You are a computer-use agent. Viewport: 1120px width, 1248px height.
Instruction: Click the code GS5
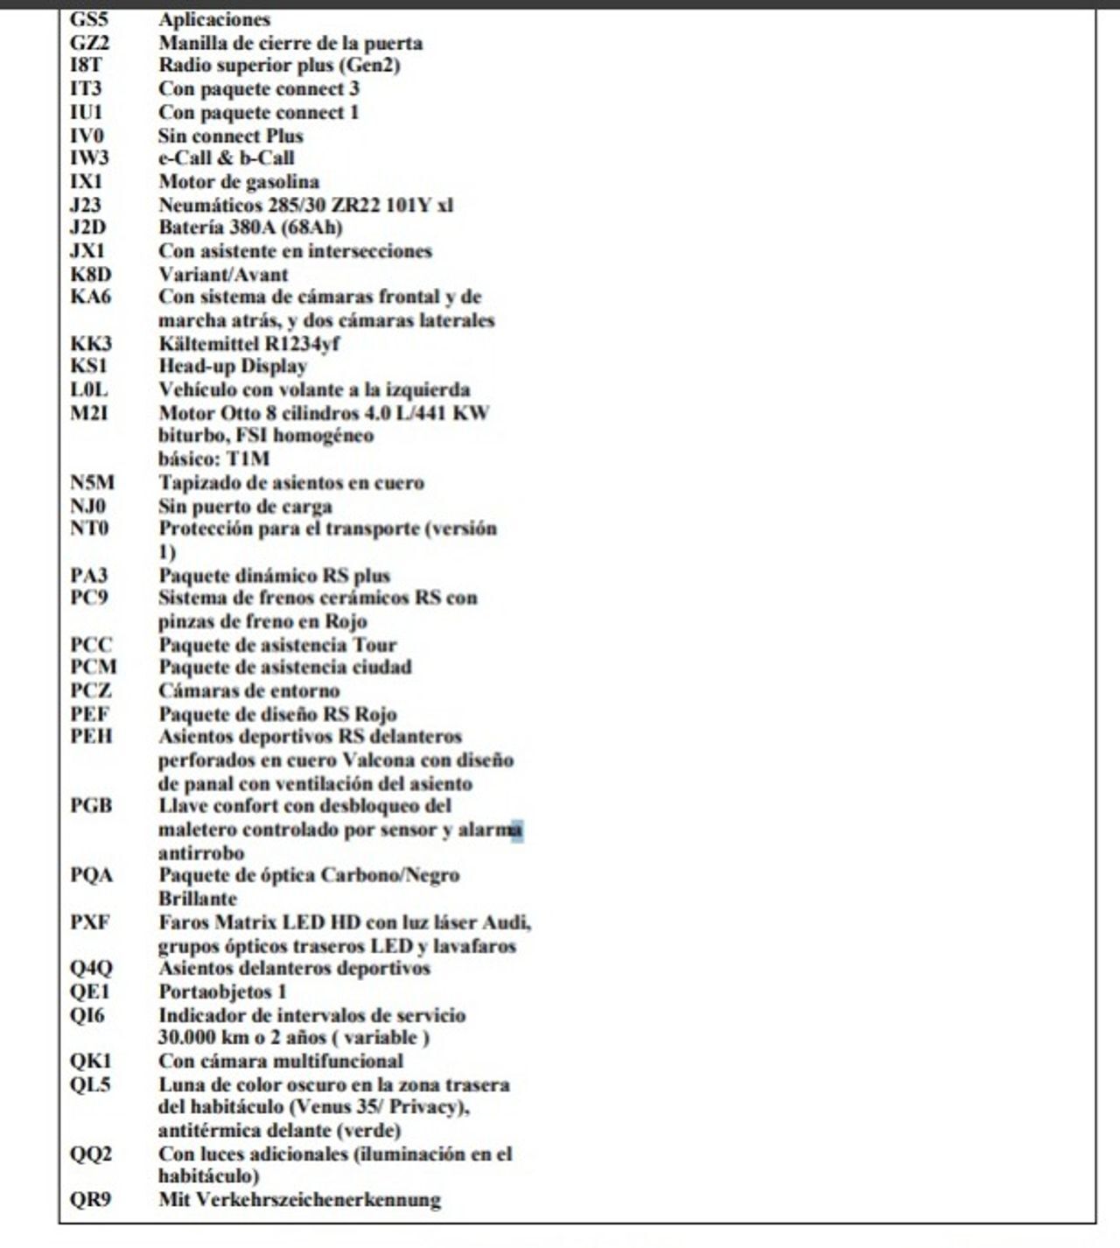pos(88,19)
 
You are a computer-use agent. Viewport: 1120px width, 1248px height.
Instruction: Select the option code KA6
pos(90,297)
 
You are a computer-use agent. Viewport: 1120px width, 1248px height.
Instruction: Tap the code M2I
pos(89,412)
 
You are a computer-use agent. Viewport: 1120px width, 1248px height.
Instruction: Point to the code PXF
pos(90,922)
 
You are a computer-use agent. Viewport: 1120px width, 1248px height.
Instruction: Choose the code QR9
pos(90,1200)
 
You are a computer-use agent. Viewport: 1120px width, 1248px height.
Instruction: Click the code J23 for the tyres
pos(86,205)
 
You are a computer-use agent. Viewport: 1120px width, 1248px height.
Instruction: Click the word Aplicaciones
pos(214,19)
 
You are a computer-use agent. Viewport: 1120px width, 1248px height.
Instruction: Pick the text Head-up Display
pos(233,366)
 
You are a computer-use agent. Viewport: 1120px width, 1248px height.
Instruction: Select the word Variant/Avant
pos(223,274)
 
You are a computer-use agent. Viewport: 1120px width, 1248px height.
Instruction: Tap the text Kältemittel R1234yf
pos(248,343)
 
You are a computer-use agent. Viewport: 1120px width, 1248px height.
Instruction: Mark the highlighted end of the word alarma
pos(517,829)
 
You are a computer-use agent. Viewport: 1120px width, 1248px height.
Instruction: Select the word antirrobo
pos(201,852)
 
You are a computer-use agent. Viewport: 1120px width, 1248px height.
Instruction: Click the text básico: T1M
pos(213,459)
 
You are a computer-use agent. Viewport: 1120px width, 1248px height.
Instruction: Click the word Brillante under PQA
pos(198,899)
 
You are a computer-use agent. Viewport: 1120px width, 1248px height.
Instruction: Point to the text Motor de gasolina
pos(239,182)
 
